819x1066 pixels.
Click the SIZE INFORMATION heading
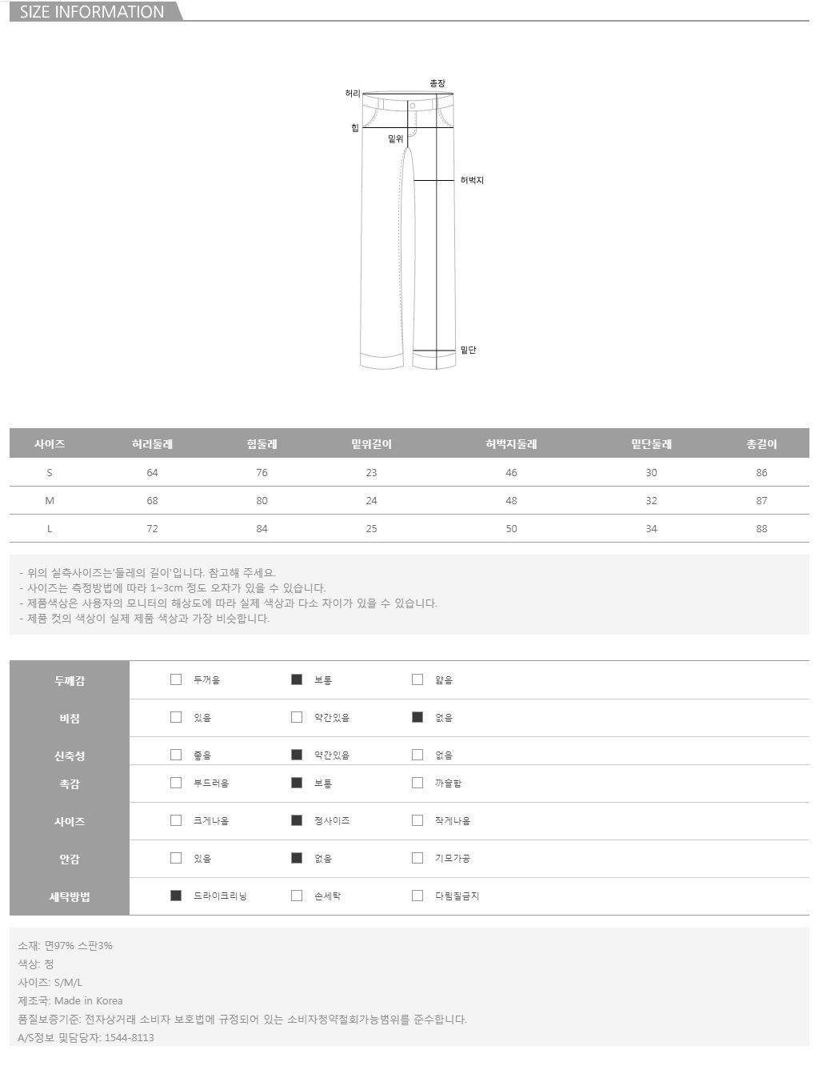coord(92,12)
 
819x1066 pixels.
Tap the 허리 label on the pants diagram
coord(353,93)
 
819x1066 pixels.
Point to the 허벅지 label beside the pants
coord(472,180)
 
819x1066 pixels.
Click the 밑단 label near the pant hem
coord(468,350)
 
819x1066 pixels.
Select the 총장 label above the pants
coord(437,83)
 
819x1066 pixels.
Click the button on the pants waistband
coord(412,106)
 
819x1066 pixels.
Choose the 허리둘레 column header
coord(152,444)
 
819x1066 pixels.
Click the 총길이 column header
coord(761,444)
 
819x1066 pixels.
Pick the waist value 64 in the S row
coord(152,472)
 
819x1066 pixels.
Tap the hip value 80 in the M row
coord(262,500)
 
